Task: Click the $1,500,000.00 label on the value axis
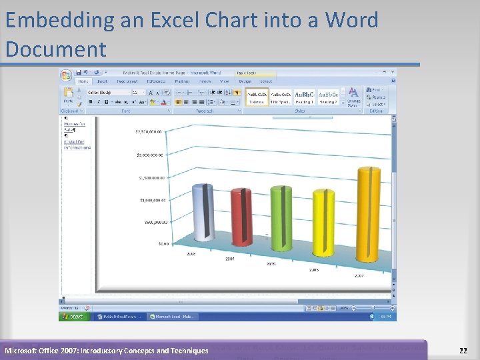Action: [x=151, y=178]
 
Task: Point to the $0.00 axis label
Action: [x=163, y=244]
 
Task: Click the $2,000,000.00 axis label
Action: [x=151, y=155]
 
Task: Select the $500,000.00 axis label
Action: [x=153, y=222]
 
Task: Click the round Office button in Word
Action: [x=66, y=75]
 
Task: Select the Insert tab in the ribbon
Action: [x=103, y=81]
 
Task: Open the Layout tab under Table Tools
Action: [x=266, y=81]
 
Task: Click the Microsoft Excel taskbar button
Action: [x=173, y=317]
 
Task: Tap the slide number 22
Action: [x=463, y=350]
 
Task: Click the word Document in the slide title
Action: [x=55, y=49]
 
